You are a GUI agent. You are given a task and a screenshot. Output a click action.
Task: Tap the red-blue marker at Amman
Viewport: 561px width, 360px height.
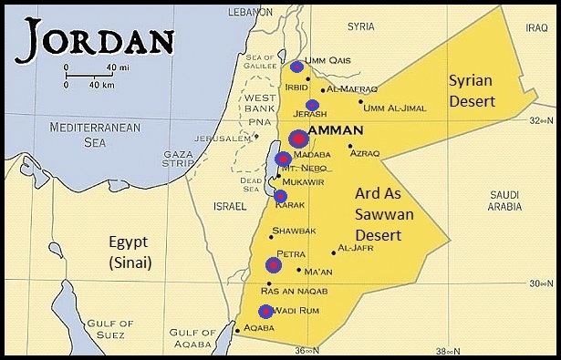[298, 139]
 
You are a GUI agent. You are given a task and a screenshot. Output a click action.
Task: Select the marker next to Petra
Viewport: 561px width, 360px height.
[274, 265]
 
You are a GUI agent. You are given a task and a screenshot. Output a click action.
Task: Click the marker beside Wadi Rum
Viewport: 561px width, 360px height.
[265, 311]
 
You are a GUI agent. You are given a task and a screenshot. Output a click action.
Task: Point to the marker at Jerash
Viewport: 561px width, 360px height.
[313, 105]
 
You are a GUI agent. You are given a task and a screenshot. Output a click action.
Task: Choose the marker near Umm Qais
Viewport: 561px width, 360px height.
[296, 67]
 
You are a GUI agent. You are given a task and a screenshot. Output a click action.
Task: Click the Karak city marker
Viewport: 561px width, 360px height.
[280, 195]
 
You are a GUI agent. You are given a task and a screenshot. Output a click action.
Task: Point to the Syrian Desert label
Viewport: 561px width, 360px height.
[472, 91]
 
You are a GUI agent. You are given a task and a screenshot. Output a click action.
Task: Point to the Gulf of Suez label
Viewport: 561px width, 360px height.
[112, 329]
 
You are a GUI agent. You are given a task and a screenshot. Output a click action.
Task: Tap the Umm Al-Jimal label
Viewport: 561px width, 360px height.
[394, 109]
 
